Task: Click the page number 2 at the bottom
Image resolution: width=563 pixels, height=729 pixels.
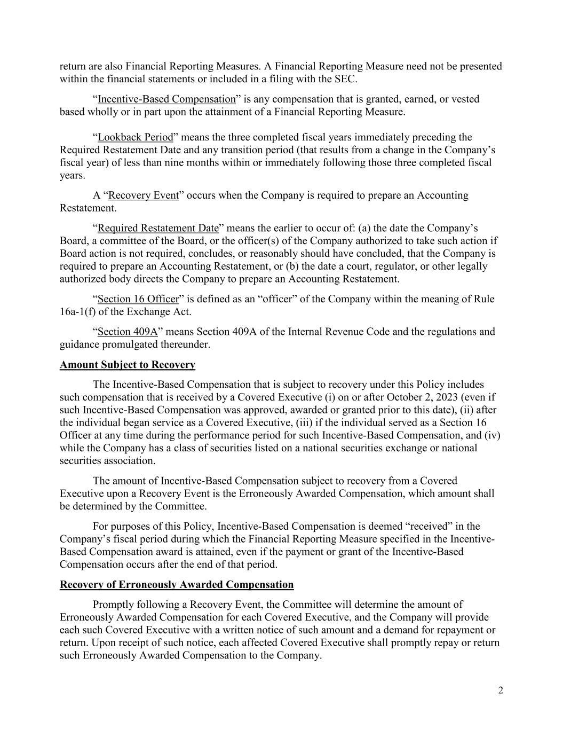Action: [x=500, y=691]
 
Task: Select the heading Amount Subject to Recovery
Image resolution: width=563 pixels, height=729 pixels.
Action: [x=128, y=365]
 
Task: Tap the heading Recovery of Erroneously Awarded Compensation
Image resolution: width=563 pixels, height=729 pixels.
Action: [x=177, y=584]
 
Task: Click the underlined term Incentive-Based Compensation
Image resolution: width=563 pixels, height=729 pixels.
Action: [x=166, y=99]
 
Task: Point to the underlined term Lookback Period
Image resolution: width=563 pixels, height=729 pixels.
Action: [x=136, y=137]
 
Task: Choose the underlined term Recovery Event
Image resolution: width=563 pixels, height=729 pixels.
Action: [x=143, y=195]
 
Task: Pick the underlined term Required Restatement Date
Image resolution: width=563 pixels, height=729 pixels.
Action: [x=158, y=228]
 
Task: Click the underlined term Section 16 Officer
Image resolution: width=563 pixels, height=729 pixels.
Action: [x=138, y=299]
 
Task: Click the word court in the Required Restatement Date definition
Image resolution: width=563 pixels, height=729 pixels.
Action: [x=355, y=266]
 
